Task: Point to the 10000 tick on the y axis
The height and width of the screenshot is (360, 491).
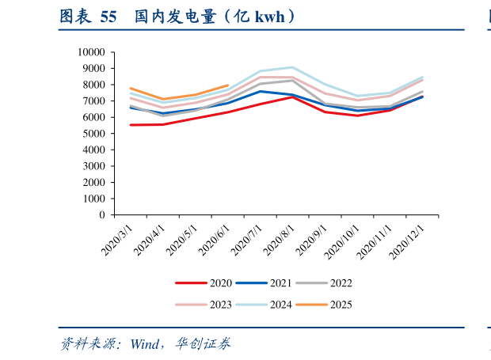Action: tap(91, 52)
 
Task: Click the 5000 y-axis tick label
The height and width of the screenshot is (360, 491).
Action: tap(93, 134)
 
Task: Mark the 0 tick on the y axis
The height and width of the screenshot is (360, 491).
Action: tap(101, 215)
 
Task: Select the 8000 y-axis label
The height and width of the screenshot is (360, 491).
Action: tap(93, 85)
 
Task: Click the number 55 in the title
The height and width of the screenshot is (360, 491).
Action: tap(109, 16)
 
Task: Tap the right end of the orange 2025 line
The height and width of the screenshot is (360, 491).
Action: tap(228, 85)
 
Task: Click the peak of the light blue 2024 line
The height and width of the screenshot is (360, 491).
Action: tap(292, 67)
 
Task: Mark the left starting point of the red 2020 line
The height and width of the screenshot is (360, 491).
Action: tap(131, 125)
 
